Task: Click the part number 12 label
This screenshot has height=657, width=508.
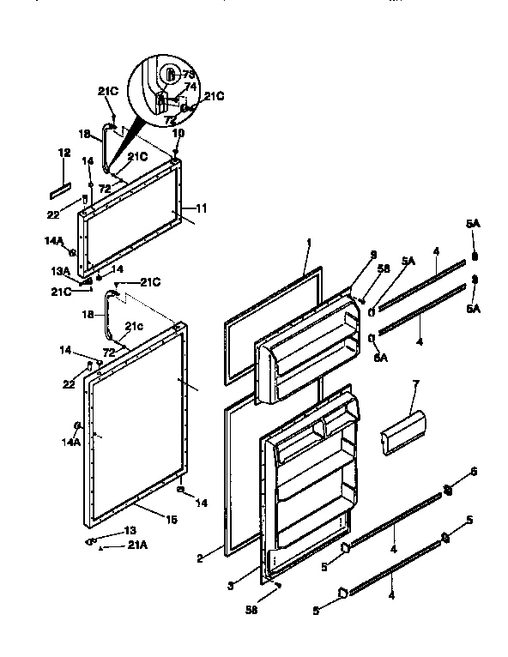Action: pyautogui.click(x=63, y=153)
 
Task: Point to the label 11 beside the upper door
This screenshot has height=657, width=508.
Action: pyautogui.click(x=203, y=208)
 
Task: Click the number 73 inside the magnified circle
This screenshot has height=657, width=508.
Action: pyautogui.click(x=190, y=74)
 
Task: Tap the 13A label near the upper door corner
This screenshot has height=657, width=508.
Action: pyautogui.click(x=60, y=272)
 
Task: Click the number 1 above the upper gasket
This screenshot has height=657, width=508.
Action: pyautogui.click(x=307, y=244)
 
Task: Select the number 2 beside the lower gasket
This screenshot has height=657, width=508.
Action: pyautogui.click(x=199, y=558)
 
